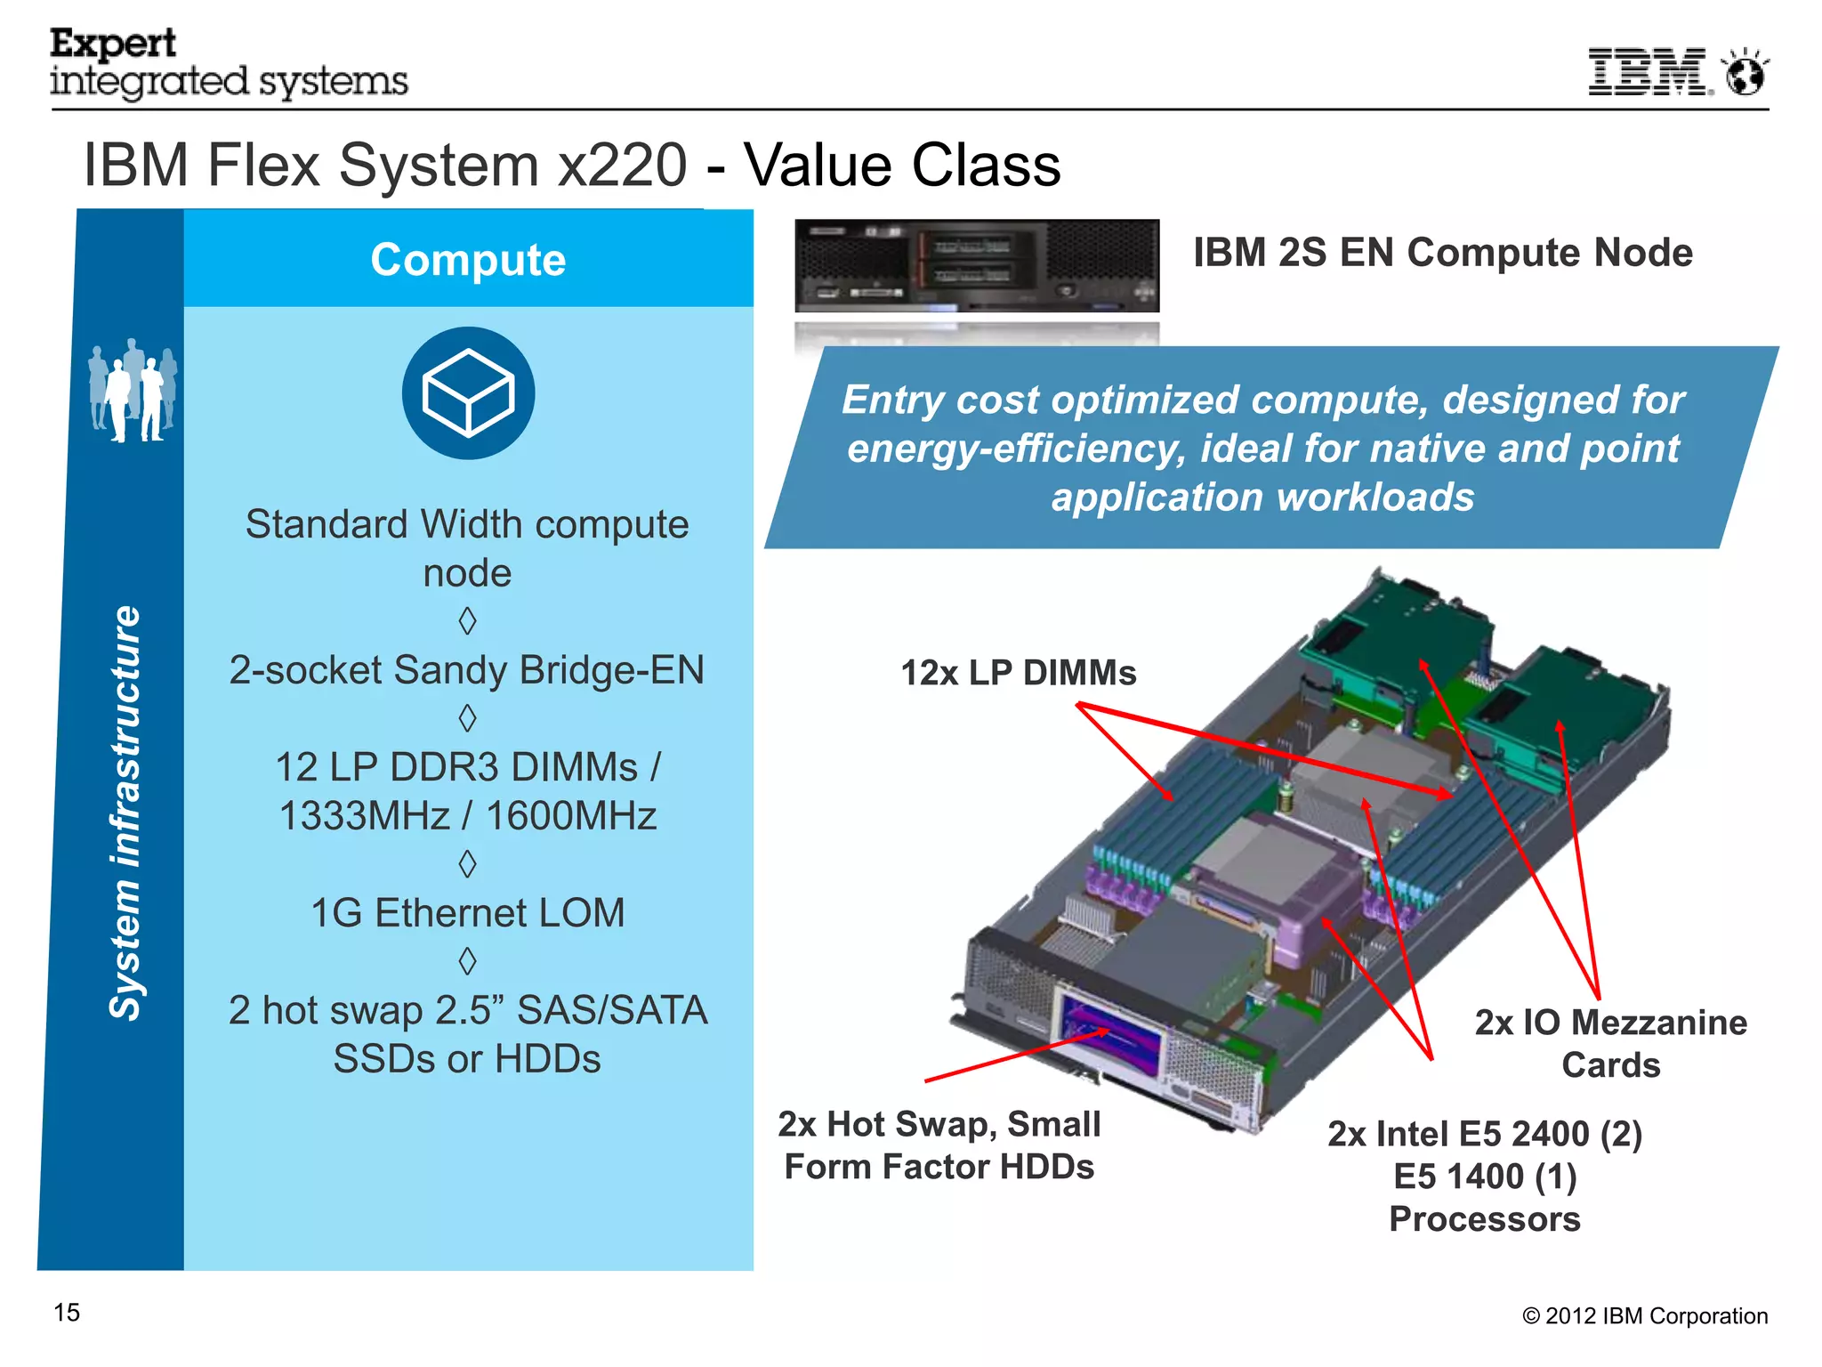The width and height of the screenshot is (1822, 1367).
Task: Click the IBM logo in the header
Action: (x=1649, y=71)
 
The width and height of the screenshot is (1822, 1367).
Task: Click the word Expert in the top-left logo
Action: (x=113, y=43)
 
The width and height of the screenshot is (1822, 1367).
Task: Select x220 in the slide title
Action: (x=622, y=166)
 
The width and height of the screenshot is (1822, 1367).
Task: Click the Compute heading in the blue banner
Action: (x=468, y=260)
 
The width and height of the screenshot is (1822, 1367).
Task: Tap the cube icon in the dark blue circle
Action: (x=468, y=393)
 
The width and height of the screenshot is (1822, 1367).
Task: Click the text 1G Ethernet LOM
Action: (x=468, y=913)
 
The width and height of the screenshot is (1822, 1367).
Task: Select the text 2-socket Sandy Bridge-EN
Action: (x=468, y=670)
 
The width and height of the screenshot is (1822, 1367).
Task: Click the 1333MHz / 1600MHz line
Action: (x=468, y=816)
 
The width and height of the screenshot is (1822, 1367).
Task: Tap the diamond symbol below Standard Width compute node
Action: (x=468, y=620)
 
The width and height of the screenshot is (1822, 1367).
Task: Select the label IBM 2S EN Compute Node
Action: (x=1442, y=253)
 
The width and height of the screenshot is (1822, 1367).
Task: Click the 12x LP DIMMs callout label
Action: (x=1019, y=673)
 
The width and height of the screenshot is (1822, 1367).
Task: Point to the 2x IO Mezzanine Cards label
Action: (x=1610, y=1043)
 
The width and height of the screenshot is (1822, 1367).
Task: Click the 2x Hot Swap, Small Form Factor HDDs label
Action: (x=939, y=1145)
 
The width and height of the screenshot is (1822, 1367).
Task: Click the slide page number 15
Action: (x=67, y=1313)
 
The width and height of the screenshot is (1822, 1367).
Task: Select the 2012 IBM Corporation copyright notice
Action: (x=1645, y=1316)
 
